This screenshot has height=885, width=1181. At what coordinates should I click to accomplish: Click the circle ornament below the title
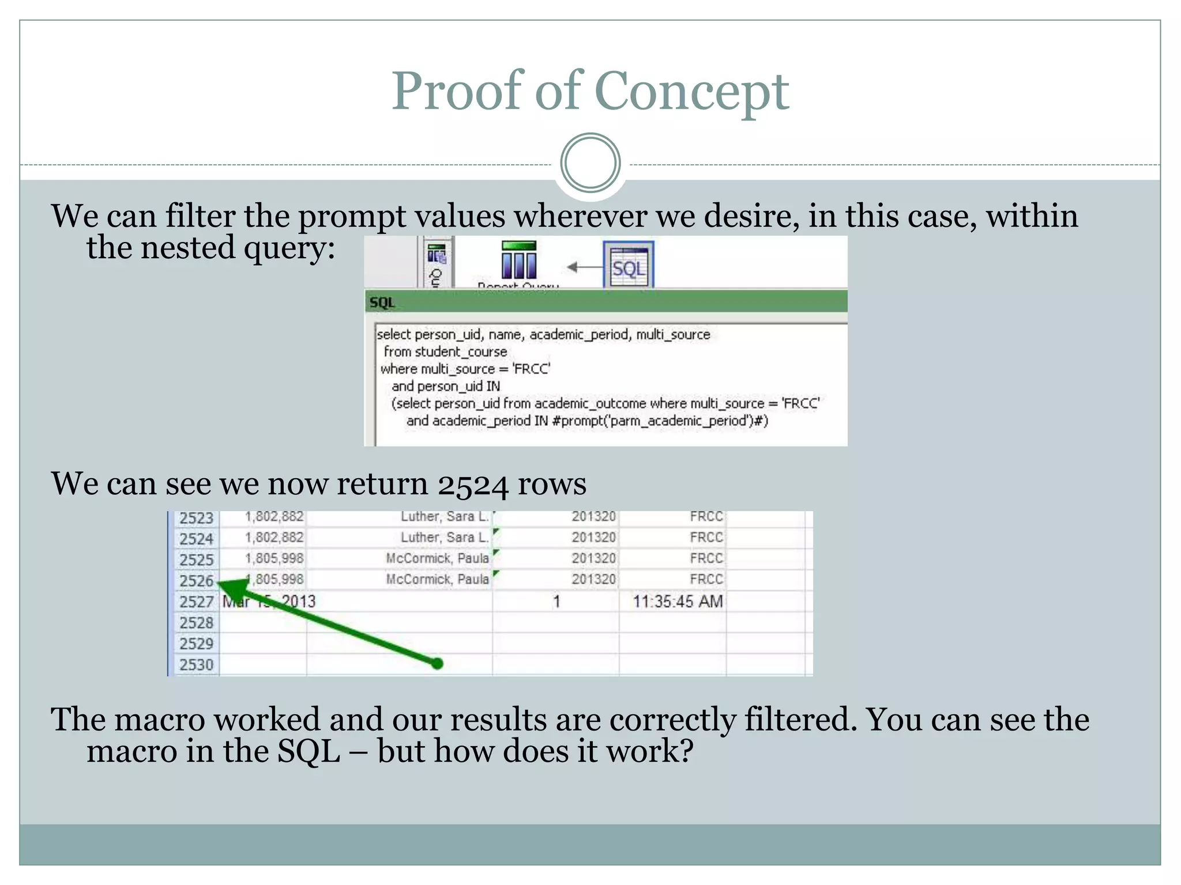[x=590, y=162]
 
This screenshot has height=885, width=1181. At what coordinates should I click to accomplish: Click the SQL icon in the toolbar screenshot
[x=628, y=267]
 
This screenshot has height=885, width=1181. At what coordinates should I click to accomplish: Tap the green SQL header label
[x=382, y=302]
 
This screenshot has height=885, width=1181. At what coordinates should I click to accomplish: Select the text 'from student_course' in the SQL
[x=445, y=351]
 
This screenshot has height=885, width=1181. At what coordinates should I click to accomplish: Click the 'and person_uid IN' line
[x=445, y=386]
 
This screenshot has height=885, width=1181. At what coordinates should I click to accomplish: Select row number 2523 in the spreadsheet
[x=196, y=518]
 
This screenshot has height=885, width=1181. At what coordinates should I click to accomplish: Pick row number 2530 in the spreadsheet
[x=196, y=665]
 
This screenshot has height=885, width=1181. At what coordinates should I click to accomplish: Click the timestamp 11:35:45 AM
[x=678, y=602]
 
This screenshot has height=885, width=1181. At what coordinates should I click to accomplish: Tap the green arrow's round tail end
[x=437, y=664]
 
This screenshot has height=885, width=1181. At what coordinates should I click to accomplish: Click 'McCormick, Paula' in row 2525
[x=437, y=558]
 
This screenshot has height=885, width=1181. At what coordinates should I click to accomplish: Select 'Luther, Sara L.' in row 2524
[x=445, y=538]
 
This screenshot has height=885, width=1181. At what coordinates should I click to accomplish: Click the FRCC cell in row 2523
[x=706, y=516]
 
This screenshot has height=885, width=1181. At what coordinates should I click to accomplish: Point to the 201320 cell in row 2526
[x=593, y=579]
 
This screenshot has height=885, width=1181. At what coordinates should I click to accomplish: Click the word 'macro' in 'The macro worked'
[x=159, y=720]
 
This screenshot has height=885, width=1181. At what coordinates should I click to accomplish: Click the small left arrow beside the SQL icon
[x=584, y=267]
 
